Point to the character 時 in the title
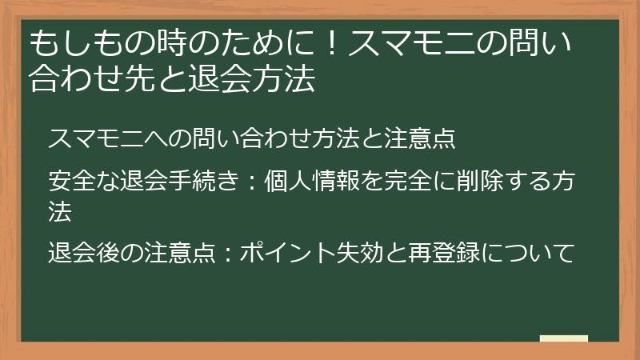[146, 42]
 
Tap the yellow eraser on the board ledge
[564, 339]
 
